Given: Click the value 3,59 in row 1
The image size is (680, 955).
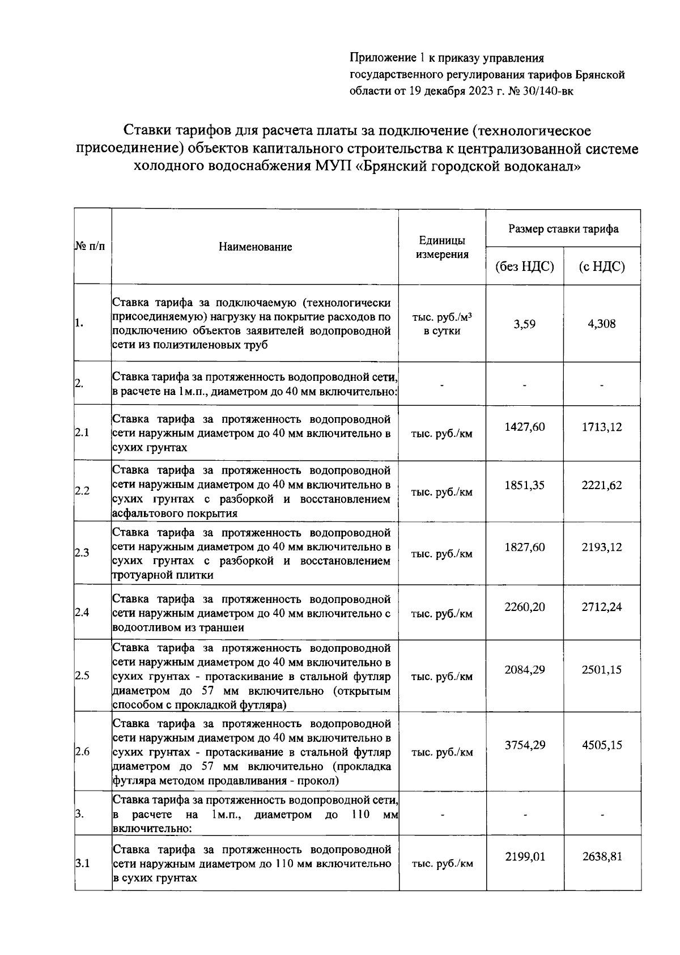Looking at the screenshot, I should (x=524, y=324).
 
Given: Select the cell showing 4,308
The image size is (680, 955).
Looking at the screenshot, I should (x=602, y=324).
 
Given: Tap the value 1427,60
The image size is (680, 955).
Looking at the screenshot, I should (x=524, y=427).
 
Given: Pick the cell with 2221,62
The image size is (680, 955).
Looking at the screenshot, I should (x=602, y=485).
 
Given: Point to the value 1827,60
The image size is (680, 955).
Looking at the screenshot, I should (x=524, y=547).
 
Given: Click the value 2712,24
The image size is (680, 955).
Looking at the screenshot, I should (x=602, y=607).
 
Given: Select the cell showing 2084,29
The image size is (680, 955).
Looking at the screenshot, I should (x=524, y=669).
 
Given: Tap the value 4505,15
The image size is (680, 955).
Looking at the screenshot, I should (x=602, y=745).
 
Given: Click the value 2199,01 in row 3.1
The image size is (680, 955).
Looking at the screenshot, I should (x=524, y=856).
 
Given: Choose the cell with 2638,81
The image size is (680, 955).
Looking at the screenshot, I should (x=602, y=856).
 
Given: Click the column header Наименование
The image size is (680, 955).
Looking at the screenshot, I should (x=255, y=247).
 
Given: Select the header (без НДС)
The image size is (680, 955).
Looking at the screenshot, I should (x=524, y=266).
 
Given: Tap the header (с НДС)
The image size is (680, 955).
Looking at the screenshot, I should (x=602, y=266).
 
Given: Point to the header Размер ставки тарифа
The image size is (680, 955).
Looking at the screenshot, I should (x=563, y=229).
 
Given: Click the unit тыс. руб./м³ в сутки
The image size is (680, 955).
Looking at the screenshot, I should (x=442, y=324).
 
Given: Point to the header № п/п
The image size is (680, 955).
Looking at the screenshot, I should (x=91, y=247).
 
